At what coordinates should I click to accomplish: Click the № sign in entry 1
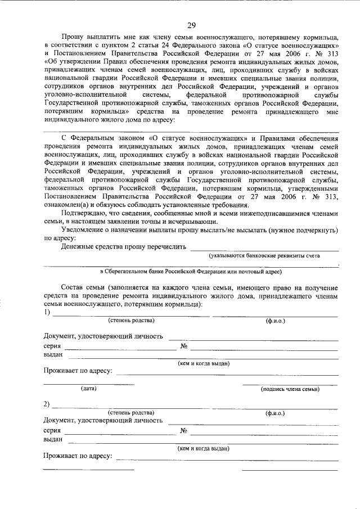click(x=183, y=346)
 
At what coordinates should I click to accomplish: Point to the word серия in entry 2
click(x=52, y=430)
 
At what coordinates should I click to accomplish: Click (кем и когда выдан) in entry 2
click(x=203, y=448)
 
